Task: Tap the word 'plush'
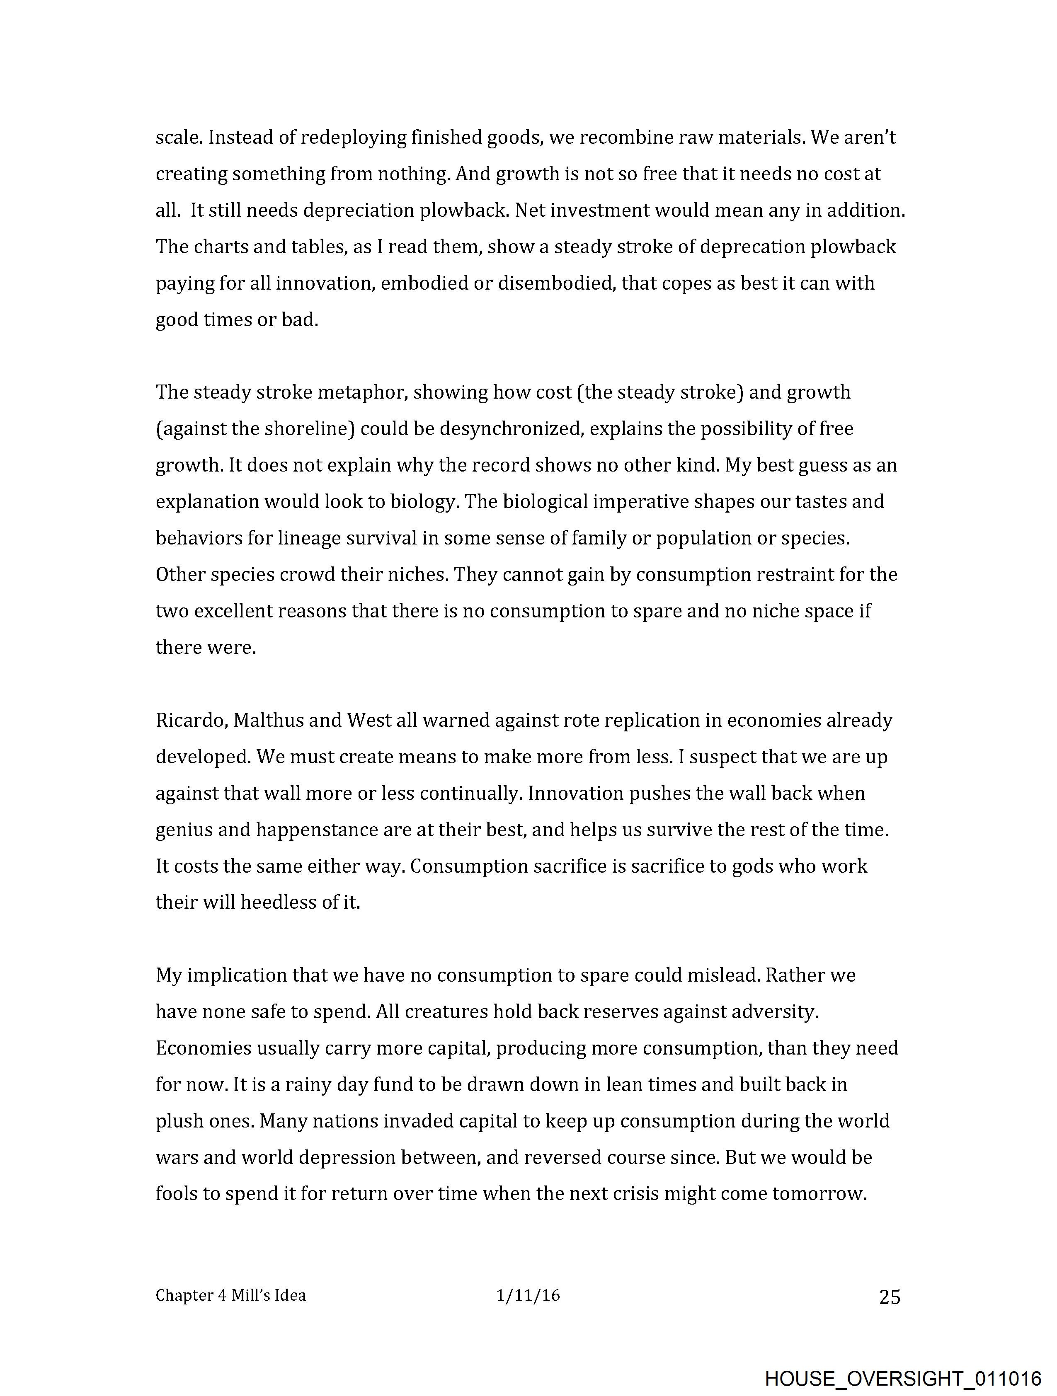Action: pyautogui.click(x=179, y=1121)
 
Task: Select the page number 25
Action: pyautogui.click(x=889, y=1297)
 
